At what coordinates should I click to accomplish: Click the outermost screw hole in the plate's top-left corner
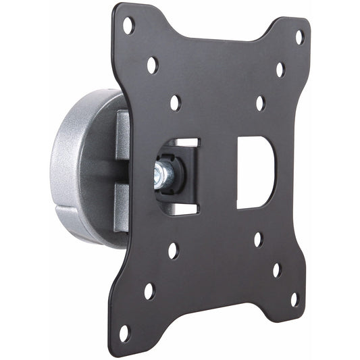[128, 26]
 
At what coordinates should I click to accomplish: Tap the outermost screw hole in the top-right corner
[299, 37]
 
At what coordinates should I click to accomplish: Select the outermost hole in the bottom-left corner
[124, 332]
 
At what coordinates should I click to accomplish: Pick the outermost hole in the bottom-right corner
[294, 299]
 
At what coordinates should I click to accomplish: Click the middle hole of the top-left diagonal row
[152, 66]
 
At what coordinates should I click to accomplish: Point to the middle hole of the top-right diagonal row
[280, 70]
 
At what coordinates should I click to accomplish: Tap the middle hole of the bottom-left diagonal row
[149, 291]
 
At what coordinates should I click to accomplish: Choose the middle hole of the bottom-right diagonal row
[276, 269]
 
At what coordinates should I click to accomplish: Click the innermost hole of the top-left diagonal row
[175, 103]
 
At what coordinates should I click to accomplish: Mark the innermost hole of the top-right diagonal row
[259, 103]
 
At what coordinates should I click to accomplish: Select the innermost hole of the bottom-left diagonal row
[173, 251]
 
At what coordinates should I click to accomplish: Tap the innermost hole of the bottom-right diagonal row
[257, 239]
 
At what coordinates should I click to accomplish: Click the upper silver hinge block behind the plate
[124, 139]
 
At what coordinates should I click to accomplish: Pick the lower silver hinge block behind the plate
[122, 206]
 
